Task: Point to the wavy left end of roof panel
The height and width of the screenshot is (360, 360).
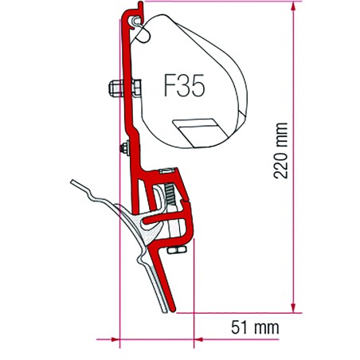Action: coord(76,184)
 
